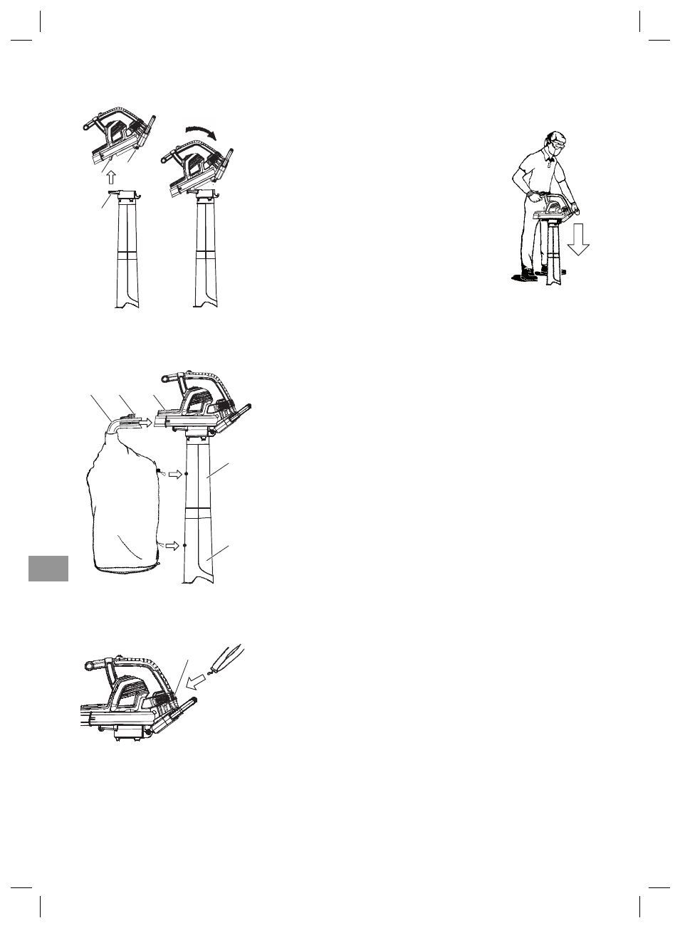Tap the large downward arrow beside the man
[578, 238]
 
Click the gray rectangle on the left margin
[48, 568]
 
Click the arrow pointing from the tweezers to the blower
[196, 683]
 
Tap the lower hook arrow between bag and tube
[172, 545]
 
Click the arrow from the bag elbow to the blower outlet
[143, 422]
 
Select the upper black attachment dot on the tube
[186, 473]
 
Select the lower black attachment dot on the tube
[184, 545]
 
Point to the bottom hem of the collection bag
[128, 569]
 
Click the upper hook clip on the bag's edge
[159, 470]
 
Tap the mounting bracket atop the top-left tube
[125, 194]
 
